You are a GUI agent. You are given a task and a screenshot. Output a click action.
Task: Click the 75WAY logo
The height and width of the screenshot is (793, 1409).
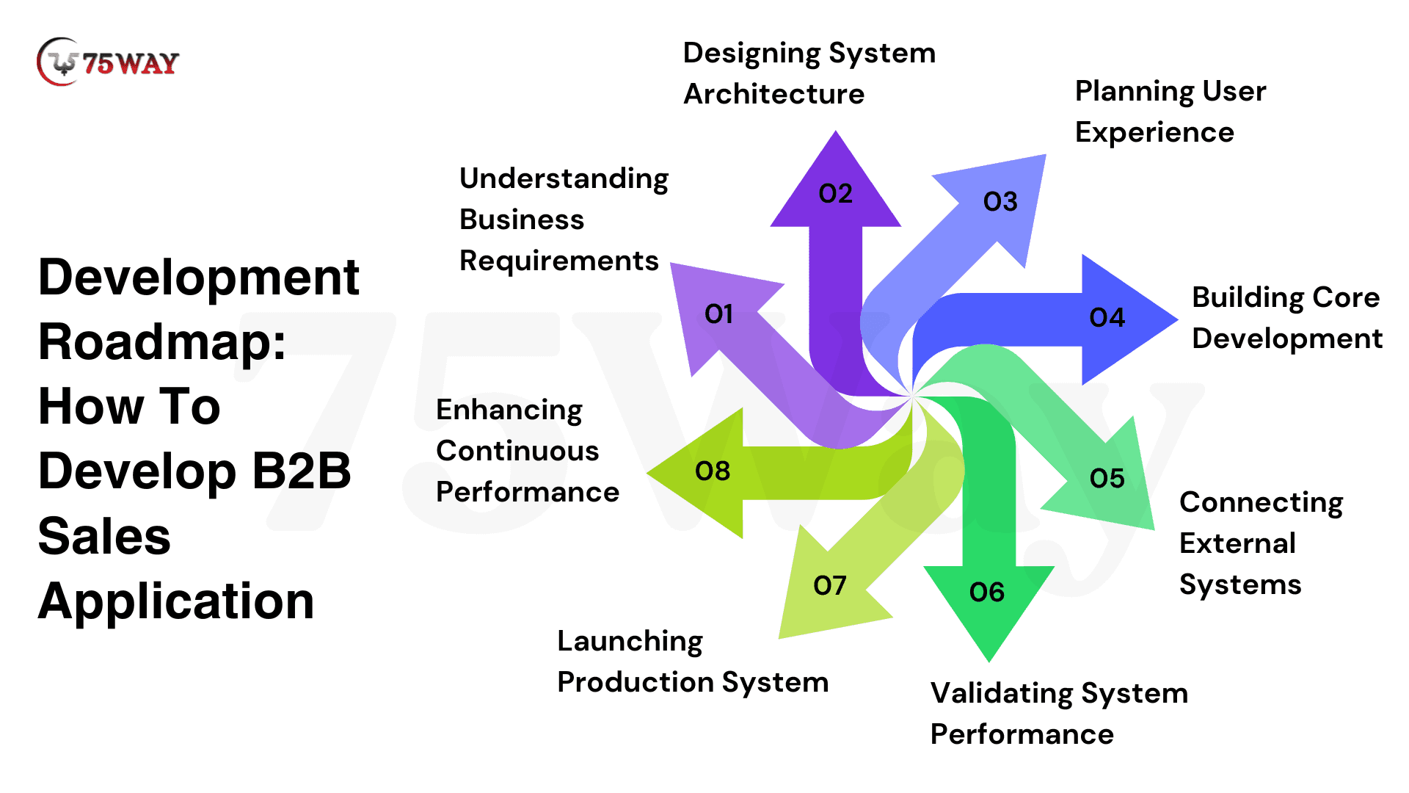tap(108, 62)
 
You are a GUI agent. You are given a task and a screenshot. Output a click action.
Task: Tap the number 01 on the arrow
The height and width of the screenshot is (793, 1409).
tap(718, 314)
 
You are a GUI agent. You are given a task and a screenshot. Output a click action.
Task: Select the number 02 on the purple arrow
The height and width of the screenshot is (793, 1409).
tap(835, 194)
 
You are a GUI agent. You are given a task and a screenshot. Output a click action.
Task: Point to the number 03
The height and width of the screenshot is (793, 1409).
tap(1000, 202)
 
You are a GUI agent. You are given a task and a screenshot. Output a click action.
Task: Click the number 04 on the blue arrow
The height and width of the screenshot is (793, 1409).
tap(1107, 318)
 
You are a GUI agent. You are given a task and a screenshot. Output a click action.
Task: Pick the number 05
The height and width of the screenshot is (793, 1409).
tap(1107, 479)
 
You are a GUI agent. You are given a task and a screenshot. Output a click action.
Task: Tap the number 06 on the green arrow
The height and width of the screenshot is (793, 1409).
tap(986, 593)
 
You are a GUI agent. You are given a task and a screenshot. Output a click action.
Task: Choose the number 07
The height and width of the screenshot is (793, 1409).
tap(829, 586)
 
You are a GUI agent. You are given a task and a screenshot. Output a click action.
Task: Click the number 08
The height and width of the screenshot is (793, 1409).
tap(712, 471)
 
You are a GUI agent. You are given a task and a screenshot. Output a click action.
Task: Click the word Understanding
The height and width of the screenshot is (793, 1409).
tap(564, 180)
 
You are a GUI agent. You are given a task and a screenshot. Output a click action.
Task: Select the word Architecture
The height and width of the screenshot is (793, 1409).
tap(773, 95)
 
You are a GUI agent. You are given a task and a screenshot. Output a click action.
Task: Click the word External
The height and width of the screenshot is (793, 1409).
tap(1237, 544)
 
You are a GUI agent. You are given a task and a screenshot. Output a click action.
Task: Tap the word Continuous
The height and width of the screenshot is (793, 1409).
tap(517, 452)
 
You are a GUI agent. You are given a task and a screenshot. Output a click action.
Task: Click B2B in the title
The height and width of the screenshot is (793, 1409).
tap(301, 471)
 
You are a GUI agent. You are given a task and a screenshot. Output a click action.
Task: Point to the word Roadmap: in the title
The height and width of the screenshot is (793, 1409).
tap(162, 342)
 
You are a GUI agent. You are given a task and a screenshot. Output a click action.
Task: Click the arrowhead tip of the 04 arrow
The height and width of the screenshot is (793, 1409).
tap(1177, 319)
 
